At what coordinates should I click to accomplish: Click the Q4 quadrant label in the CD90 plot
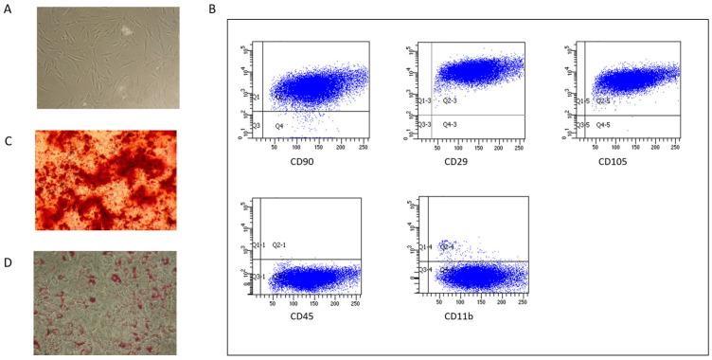click(279, 125)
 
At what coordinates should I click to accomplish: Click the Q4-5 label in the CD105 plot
click(605, 125)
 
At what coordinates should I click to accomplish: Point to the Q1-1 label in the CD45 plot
click(258, 245)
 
